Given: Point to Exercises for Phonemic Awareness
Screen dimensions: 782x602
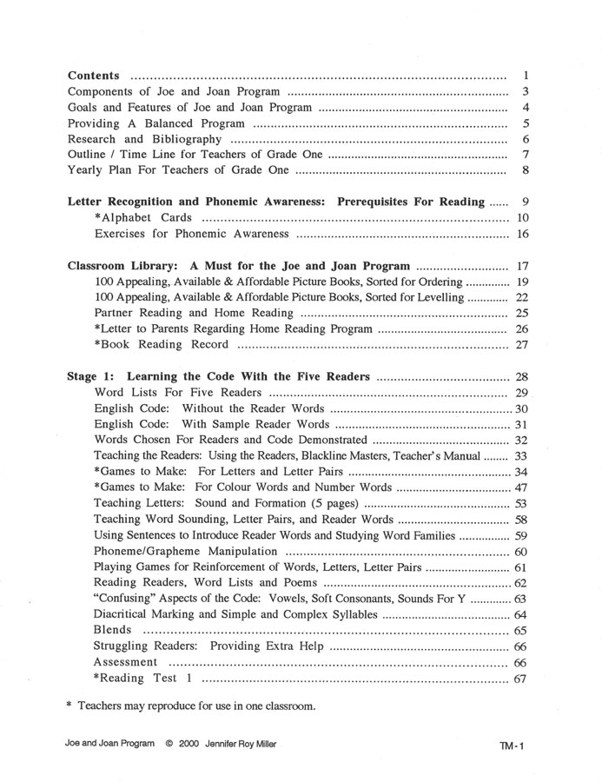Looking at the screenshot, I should coord(180,235).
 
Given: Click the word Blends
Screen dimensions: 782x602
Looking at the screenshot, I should coord(113,630).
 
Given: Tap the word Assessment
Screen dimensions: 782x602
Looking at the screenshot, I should coord(126,662).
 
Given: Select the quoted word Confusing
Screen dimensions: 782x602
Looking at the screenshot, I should coord(127,599).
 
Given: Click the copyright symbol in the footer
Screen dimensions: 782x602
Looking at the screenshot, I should coord(169,745).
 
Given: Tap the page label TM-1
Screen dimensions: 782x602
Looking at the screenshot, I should coord(513,746).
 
